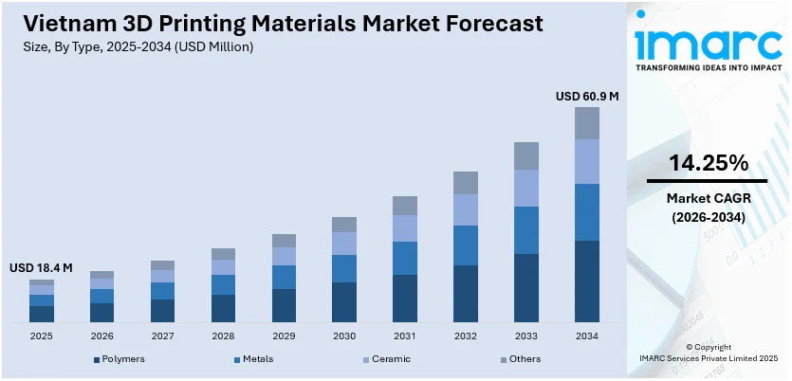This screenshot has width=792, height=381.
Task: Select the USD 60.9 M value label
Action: tap(586, 96)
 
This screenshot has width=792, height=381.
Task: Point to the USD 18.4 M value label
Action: tap(41, 268)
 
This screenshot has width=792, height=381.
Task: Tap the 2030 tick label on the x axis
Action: tap(344, 336)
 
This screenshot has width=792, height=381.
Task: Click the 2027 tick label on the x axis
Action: tap(162, 336)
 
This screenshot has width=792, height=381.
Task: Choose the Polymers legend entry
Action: tap(120, 360)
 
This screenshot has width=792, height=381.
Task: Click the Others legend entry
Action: tap(525, 360)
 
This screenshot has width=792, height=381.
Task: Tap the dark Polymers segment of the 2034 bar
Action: tap(587, 281)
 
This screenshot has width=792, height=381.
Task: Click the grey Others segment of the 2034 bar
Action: tap(587, 123)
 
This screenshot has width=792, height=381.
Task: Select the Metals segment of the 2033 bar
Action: tap(526, 230)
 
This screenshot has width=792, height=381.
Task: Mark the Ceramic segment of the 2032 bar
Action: tap(466, 209)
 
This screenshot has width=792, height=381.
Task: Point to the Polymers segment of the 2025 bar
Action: tap(41, 314)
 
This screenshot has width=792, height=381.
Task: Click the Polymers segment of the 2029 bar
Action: tap(284, 305)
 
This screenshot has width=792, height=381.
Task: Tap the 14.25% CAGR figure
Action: tap(707, 163)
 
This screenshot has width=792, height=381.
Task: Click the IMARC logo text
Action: tap(708, 42)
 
